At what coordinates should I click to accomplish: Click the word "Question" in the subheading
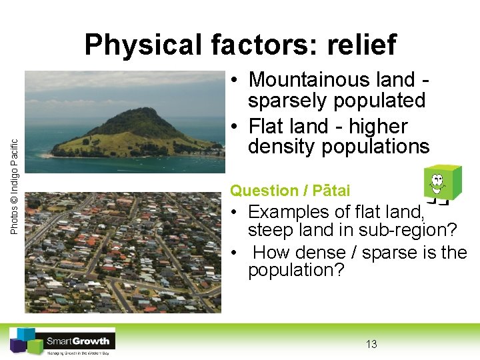click(264, 191)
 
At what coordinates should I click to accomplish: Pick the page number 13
click(371, 344)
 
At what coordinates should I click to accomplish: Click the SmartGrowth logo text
click(79, 341)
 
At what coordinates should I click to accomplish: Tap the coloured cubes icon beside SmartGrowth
click(25, 341)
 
